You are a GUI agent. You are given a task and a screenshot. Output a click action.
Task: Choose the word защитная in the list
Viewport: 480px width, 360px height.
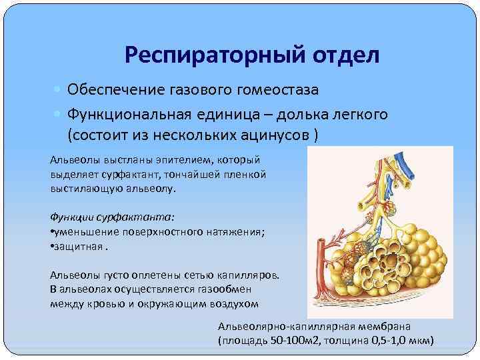point(78,245)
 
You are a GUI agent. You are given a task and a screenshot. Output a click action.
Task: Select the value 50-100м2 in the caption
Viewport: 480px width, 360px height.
point(293,341)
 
